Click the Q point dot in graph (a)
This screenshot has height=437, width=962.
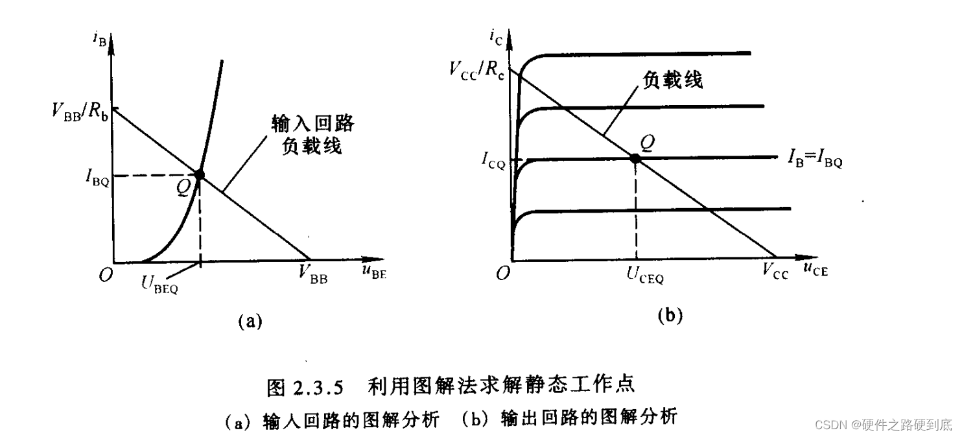click(199, 174)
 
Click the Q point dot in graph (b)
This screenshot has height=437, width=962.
click(635, 158)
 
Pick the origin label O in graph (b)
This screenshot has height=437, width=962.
click(503, 274)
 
